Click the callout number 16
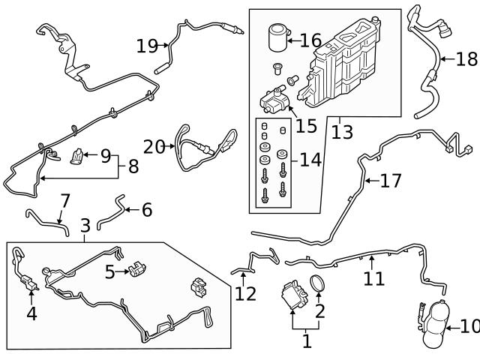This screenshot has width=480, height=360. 310,40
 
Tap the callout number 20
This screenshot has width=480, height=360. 154,147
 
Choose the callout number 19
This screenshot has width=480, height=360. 148,46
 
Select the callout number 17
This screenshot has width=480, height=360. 391,181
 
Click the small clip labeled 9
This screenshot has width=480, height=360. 77,157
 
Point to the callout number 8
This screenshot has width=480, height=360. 133,166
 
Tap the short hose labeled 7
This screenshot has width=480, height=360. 46,219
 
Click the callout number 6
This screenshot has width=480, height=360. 146,210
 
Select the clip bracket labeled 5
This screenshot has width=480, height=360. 136,268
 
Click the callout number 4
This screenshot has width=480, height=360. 31,313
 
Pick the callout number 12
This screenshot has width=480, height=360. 245,293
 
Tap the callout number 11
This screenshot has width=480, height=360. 374,278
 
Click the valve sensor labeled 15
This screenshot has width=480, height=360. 274,100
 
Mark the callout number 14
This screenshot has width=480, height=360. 310,159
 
